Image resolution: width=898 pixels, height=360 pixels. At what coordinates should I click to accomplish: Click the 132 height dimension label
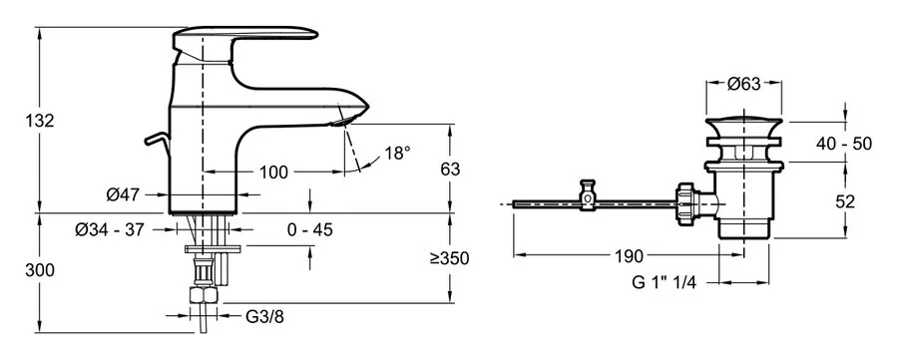pos(40,121)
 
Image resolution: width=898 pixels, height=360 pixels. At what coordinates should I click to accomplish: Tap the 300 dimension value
pos(40,270)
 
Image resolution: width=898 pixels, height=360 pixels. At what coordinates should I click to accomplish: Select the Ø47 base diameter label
pos(123,195)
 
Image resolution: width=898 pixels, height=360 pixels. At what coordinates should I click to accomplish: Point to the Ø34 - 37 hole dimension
pos(110,229)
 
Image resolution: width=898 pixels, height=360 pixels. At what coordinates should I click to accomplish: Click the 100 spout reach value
pos(273,172)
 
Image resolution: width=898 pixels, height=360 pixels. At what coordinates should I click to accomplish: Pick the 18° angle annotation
pos(397,153)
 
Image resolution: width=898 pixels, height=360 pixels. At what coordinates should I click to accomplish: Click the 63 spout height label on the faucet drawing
pos(451,169)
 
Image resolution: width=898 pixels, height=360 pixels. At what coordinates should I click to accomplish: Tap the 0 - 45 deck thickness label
pos(310,229)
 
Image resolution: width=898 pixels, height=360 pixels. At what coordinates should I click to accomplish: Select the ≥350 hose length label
pos(450,258)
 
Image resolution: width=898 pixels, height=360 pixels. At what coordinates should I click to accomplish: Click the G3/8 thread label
pos(264,316)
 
